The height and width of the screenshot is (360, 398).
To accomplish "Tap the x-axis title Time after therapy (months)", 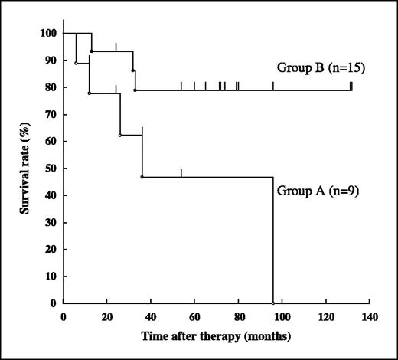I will click(217, 335).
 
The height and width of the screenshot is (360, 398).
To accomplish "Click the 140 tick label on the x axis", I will click(370, 317).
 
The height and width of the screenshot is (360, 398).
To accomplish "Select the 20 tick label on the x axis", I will click(107, 317).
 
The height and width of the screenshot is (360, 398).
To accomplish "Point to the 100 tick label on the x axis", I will click(282, 317).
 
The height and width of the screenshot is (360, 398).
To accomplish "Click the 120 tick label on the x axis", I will click(326, 317).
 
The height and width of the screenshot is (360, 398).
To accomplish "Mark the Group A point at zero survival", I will click(273, 303).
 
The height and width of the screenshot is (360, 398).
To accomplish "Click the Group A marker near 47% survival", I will click(142, 177).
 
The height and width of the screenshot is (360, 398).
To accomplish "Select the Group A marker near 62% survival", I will click(120, 135).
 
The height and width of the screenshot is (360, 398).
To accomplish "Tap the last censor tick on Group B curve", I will click(351, 86).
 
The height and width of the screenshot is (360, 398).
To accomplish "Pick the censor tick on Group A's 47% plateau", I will click(181, 173).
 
